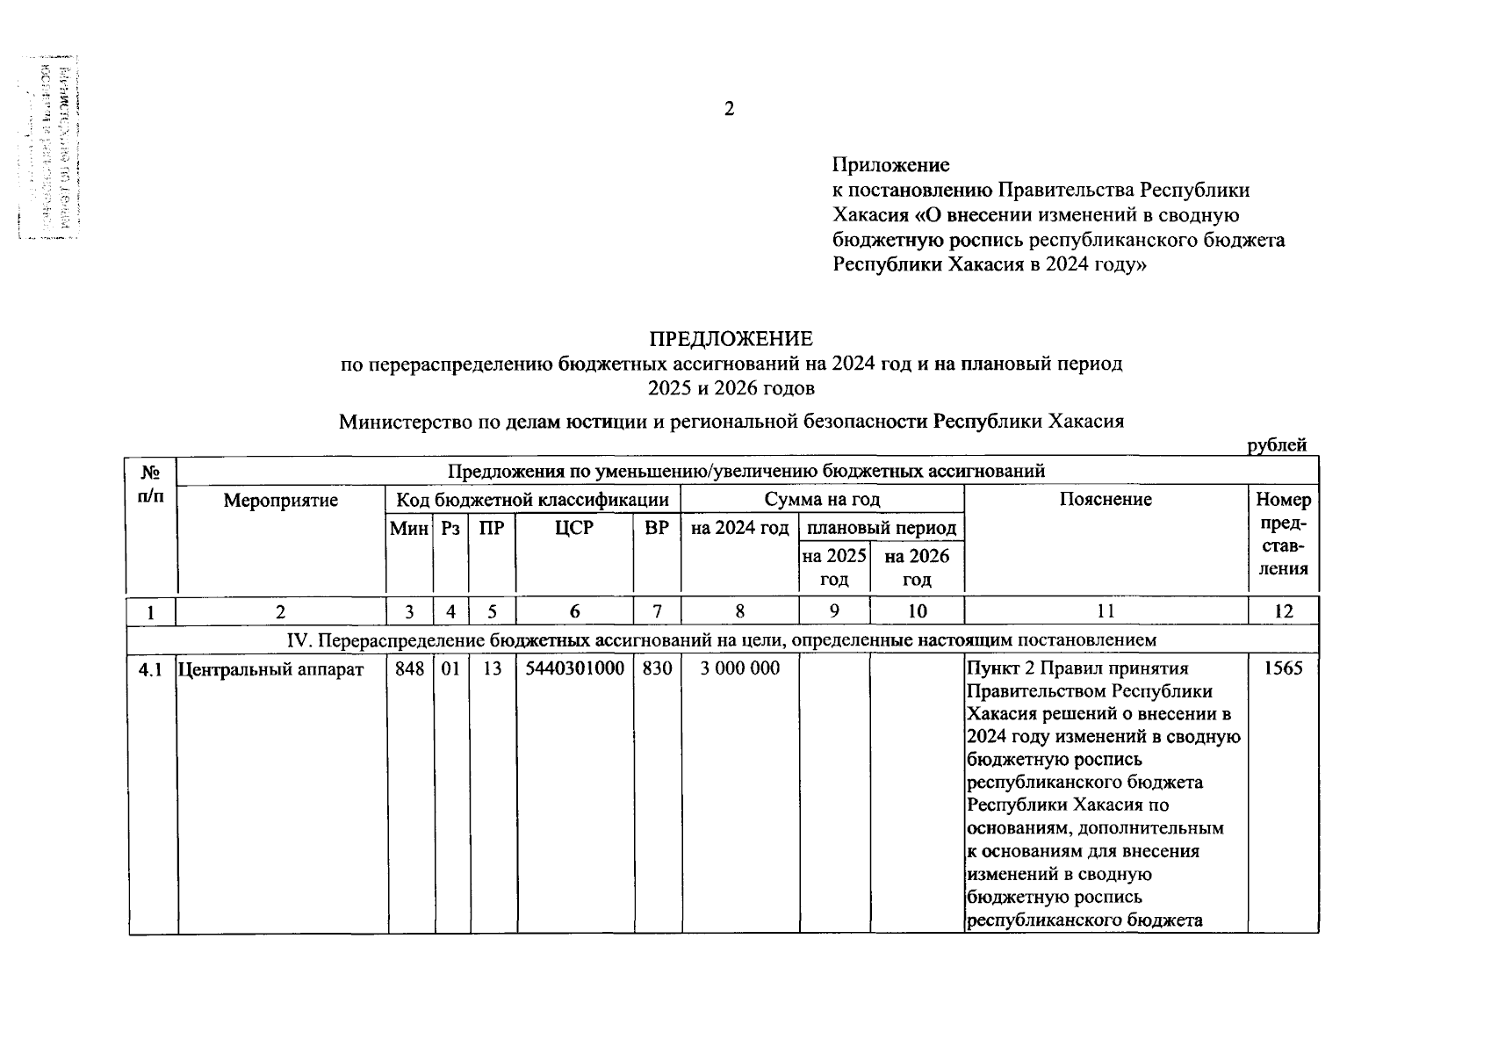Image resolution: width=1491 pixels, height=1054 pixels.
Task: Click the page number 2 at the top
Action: point(729,109)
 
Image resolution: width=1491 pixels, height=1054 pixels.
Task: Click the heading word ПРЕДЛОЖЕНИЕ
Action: point(731,339)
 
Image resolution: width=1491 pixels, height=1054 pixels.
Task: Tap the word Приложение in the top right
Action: point(890,165)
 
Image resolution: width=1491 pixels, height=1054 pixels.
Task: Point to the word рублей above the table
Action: point(1277,445)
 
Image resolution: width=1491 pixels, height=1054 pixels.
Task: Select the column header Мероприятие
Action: point(281,501)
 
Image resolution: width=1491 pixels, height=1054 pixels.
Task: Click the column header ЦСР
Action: point(574,528)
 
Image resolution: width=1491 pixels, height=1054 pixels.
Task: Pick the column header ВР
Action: point(657,528)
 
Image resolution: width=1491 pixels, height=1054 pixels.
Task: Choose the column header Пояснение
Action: point(1106,500)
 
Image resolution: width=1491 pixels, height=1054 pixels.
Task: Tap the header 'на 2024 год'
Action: point(739,528)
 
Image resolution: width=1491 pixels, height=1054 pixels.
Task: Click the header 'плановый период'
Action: point(881,528)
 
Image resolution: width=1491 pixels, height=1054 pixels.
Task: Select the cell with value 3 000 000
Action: point(739,668)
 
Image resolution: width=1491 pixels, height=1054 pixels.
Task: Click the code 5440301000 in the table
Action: point(574,668)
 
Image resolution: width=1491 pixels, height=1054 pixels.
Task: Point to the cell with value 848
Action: point(409,668)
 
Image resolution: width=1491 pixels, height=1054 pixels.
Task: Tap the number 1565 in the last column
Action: point(1283,668)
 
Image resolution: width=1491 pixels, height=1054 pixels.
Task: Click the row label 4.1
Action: point(151,669)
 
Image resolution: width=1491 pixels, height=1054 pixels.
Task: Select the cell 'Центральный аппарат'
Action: point(270,669)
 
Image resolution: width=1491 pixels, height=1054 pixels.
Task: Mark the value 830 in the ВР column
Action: point(657,668)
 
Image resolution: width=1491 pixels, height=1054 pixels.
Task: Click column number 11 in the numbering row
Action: point(1106,612)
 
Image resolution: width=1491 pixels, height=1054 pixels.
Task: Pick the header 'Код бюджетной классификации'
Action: point(533,501)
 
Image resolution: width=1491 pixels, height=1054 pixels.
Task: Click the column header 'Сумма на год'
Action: point(822,500)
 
